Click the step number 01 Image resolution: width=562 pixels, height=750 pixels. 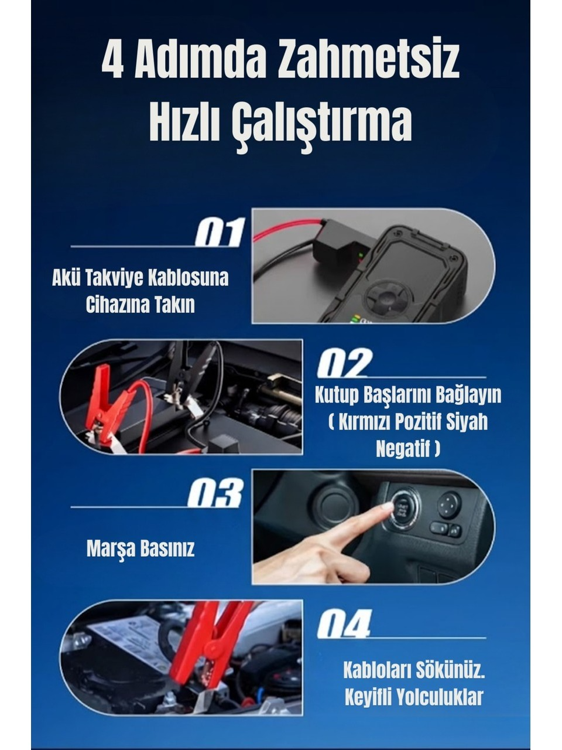(220, 233)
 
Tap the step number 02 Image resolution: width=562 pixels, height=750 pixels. (344, 363)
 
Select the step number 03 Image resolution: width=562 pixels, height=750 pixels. (215, 493)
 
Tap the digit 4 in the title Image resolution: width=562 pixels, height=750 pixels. (112, 60)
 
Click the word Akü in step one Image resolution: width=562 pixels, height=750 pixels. (66, 278)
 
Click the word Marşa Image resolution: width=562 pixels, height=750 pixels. (111, 548)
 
